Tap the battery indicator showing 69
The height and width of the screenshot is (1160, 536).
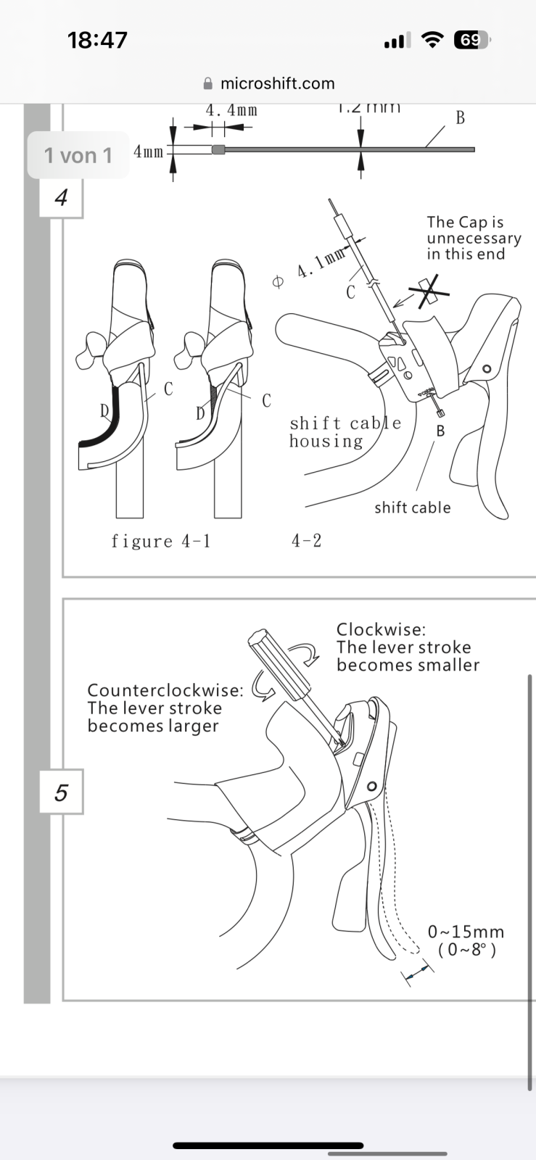[471, 40]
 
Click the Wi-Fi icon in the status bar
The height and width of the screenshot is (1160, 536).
[432, 40]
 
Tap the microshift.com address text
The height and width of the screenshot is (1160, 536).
[277, 83]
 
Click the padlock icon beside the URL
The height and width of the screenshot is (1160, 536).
[209, 83]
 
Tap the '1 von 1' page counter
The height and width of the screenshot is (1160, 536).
[78, 155]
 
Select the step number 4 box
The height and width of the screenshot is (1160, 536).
[61, 197]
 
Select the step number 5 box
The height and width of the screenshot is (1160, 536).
[61, 792]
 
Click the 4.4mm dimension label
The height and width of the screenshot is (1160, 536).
[231, 110]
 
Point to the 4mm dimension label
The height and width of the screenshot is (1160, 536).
[148, 152]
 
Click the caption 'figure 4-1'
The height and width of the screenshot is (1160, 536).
[161, 541]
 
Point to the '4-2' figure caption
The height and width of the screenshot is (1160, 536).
[306, 540]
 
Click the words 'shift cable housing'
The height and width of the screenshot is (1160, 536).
[345, 432]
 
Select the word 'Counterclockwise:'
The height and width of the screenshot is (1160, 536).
[165, 689]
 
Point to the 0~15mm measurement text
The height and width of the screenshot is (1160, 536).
[466, 932]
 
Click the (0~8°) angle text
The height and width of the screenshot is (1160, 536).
[467, 950]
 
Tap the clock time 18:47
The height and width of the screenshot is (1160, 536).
[97, 40]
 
